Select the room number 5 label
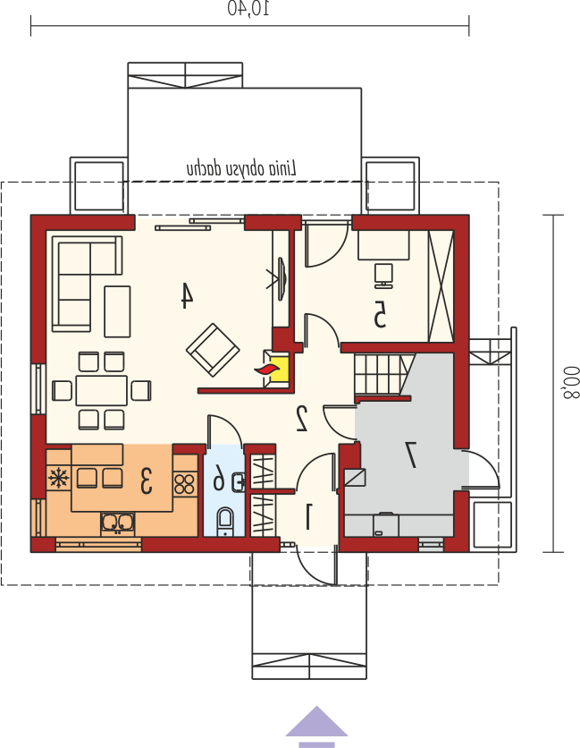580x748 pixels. coord(379,314)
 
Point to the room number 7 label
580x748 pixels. coord(411,455)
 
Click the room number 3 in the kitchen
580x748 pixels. coord(146,480)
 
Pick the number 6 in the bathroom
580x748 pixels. coord(219,477)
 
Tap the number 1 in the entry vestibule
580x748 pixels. coord(307,516)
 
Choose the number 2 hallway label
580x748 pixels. coord(302,418)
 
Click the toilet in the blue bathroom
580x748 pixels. coord(225,522)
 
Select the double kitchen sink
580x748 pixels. coord(117,523)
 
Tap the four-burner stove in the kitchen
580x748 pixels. coord(185,483)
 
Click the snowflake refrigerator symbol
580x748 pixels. coord(58,478)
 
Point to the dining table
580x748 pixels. coord(102,391)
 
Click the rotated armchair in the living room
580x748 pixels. coord(213,350)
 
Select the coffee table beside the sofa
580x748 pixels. coord(117,311)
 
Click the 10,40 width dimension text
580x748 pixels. coord(248,9)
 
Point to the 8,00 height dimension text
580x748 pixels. coord(570,383)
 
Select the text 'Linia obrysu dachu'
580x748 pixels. coord(241,168)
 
